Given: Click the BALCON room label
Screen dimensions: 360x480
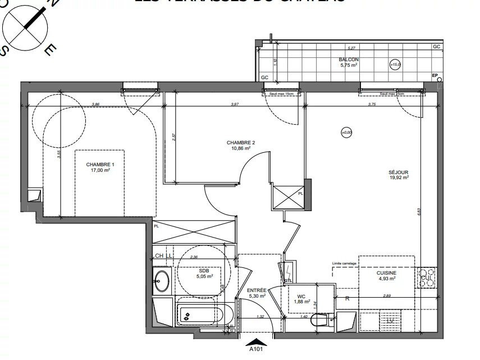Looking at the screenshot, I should pos(348,60).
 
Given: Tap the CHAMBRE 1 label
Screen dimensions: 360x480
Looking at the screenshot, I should pos(100,165).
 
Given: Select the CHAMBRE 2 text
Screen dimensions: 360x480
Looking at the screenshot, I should pos(241,143).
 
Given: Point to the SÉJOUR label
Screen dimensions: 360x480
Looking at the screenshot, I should pos(397,172).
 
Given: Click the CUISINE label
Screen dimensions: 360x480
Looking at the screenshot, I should pos(386,273).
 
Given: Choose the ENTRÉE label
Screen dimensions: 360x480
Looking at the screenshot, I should pos(257,290).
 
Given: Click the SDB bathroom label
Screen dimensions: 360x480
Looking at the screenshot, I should pos(204,271).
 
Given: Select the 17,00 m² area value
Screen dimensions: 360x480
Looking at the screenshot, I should pos(100,170).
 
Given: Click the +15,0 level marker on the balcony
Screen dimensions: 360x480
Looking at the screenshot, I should pos(395,65).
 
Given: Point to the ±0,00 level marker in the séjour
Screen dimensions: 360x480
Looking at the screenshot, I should pos(346,133).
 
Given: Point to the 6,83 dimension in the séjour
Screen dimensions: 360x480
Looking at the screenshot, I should pos(419,212).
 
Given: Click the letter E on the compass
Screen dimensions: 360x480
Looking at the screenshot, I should pos(49,51).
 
